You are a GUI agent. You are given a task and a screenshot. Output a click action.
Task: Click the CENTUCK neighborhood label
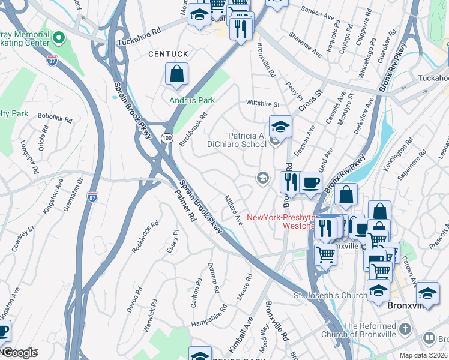click(x=169, y=55)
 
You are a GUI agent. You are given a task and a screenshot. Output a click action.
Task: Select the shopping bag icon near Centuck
click(x=177, y=75)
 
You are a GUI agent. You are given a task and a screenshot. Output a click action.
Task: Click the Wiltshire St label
click(x=263, y=103)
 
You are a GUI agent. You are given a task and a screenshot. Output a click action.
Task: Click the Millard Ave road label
click(x=233, y=209)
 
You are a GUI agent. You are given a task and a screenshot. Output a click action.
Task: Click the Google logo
click(x=19, y=353)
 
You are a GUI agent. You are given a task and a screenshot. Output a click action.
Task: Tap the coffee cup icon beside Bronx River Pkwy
click(x=310, y=183)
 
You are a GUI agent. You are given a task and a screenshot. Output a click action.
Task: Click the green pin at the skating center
click(x=58, y=38)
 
